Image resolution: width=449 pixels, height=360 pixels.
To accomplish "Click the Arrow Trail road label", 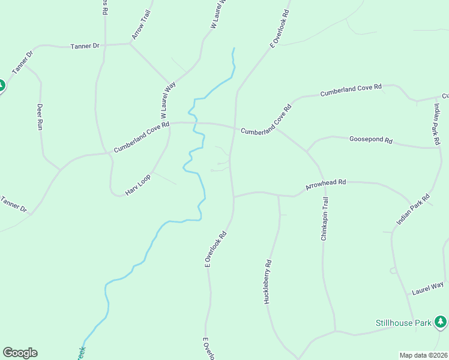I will coord(142,25).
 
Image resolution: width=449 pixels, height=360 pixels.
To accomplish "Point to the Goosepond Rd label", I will coord(370,140).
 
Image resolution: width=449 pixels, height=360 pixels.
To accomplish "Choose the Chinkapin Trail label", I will coord(324,218).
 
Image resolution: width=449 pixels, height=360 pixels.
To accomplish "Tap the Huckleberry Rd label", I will coord(268,281).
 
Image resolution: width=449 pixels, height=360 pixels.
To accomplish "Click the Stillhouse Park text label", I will coord(403,323).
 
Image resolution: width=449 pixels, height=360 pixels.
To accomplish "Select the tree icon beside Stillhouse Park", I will coord(441,322).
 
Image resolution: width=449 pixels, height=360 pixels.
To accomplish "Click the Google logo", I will coord(20,352).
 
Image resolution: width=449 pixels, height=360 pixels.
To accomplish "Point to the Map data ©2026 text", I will coord(424,355).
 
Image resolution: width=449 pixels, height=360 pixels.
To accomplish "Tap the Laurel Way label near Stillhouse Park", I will coord(427,288).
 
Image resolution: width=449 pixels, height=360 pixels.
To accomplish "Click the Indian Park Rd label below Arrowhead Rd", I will coord(413,209).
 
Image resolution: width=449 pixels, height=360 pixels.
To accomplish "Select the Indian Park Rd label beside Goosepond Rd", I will coord(437,124).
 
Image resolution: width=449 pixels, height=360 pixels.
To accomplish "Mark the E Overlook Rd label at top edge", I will coord(280,28).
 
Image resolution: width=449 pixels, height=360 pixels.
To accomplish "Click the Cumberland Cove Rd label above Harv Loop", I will coord(142,137).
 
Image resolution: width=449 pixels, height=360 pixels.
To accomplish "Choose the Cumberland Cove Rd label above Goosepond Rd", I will coord(351,91).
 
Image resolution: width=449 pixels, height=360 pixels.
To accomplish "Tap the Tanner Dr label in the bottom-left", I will coord(14,204).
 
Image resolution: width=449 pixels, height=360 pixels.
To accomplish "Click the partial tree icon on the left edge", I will coord(2,86).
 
